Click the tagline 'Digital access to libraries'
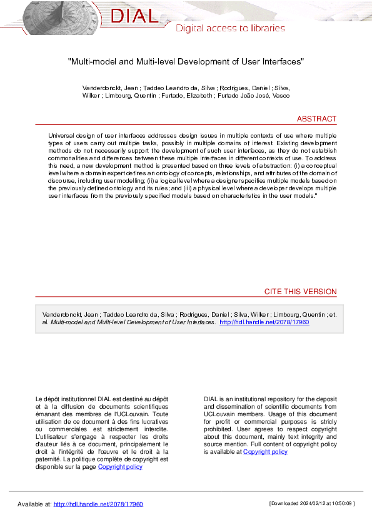tap(230, 28)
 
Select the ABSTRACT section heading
tap(316, 119)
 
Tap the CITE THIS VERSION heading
tap(300, 292)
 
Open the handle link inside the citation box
tap(264, 322)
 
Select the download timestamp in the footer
tap(312, 503)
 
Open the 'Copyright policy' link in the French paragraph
tap(120, 466)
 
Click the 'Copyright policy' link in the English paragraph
tap(265, 451)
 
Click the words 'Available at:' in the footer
tap(34, 504)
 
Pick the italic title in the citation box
tap(133, 322)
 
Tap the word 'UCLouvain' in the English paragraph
tap(220, 414)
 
